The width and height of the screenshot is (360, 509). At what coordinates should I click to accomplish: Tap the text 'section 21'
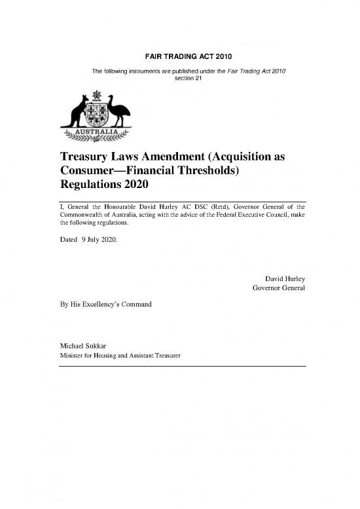[x=179, y=78]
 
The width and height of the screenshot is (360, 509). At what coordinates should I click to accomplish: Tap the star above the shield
[x=96, y=95]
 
